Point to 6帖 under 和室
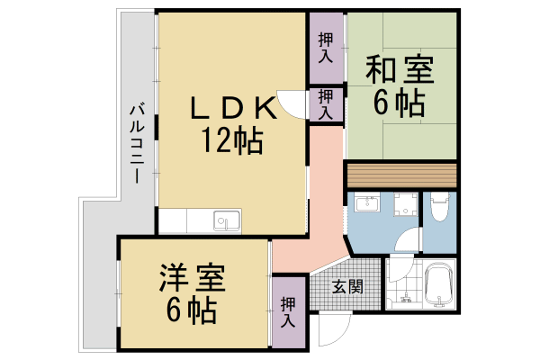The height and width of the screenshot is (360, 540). (x=399, y=103)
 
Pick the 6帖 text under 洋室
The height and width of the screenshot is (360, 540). (x=191, y=310)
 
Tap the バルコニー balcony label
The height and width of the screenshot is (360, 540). (x=137, y=144)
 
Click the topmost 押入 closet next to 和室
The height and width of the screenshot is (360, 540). (x=327, y=47)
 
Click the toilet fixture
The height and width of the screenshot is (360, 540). (x=439, y=209)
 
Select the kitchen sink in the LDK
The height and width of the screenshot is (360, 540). (x=226, y=220)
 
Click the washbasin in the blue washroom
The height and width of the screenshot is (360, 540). (x=366, y=204)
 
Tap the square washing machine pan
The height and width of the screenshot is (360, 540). (x=402, y=204)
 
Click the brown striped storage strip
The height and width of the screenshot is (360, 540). (x=401, y=173)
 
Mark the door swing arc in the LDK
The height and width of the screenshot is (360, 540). (x=290, y=104)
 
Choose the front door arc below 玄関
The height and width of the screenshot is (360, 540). (x=329, y=333)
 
